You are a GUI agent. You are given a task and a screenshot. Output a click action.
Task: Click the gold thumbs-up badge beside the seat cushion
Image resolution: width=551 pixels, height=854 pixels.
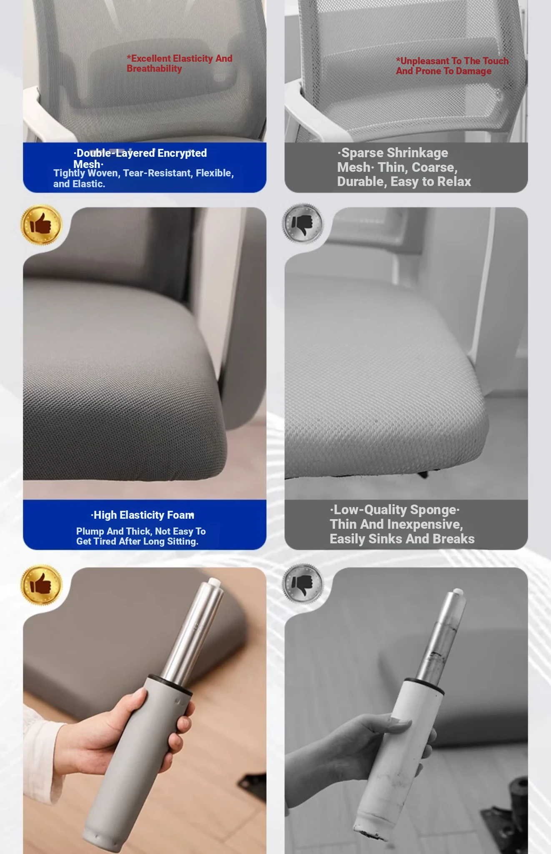coord(41,225)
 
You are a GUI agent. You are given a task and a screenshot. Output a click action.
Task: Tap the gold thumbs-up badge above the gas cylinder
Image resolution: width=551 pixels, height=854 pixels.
coord(41,585)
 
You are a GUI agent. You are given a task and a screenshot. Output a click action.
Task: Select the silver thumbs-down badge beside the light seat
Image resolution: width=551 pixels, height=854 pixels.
coord(303,224)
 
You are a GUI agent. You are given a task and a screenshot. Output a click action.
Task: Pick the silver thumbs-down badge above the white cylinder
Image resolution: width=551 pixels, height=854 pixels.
coord(303,584)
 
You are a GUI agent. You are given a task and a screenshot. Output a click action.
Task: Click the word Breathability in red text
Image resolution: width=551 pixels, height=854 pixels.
coord(154,69)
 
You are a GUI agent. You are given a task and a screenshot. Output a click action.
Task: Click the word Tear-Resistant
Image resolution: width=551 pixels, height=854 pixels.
coord(157,173)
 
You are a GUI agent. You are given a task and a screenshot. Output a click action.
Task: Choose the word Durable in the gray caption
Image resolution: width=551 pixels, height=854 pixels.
coord(361,182)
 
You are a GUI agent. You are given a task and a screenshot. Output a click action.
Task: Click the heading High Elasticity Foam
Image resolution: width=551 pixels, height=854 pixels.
coord(143,515)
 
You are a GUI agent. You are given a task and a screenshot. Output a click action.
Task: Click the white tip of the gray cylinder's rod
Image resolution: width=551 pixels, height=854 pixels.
coord(215,581)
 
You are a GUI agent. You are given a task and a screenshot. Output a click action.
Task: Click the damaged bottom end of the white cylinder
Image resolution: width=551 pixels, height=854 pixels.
coord(367,832)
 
